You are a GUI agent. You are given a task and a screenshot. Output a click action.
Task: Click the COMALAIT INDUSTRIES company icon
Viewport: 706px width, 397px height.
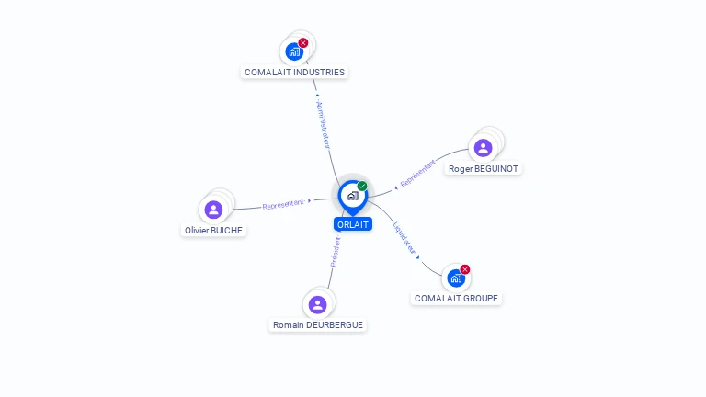pos(294,51)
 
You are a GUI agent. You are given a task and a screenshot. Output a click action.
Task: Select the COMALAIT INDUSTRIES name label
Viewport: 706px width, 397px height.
pos(294,72)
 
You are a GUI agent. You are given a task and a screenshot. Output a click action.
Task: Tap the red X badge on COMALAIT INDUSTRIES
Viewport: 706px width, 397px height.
pos(303,42)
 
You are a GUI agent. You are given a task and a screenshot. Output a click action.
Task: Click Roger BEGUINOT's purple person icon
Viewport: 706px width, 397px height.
pos(483,148)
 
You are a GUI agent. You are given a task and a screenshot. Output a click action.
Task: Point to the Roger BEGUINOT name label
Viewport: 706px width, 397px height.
pos(484,169)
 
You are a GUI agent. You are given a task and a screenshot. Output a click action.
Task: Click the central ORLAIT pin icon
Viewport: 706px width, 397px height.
pos(352,196)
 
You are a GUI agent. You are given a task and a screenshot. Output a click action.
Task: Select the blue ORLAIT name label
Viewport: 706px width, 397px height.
pos(353,224)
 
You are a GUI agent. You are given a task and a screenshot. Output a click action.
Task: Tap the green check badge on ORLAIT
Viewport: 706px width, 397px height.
pos(362,186)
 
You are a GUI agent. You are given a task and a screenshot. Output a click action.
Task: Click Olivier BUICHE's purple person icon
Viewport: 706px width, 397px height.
pos(214,210)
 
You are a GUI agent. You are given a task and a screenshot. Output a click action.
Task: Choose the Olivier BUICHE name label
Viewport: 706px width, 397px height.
pos(214,231)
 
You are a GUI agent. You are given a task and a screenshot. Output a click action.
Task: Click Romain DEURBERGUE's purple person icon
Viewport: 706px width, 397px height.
pos(318,304)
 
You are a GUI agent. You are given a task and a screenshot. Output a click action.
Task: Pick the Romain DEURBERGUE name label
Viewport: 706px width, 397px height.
pos(318,325)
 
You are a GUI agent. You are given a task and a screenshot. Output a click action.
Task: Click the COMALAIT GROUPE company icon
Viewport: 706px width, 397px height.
pos(456,278)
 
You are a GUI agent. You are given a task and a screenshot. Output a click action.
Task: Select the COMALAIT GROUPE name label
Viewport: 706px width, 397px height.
pos(457,299)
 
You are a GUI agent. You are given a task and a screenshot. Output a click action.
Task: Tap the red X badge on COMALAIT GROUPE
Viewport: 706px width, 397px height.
pos(465,269)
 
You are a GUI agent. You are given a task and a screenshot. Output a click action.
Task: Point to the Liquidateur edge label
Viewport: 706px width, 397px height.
pos(405,237)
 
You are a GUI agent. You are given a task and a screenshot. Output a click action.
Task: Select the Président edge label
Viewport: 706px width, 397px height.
pos(336,250)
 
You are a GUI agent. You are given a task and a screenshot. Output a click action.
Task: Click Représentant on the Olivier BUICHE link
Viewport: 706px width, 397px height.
pos(283,204)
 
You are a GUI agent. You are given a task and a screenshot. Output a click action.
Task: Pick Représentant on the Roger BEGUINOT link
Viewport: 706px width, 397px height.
pos(418,173)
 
